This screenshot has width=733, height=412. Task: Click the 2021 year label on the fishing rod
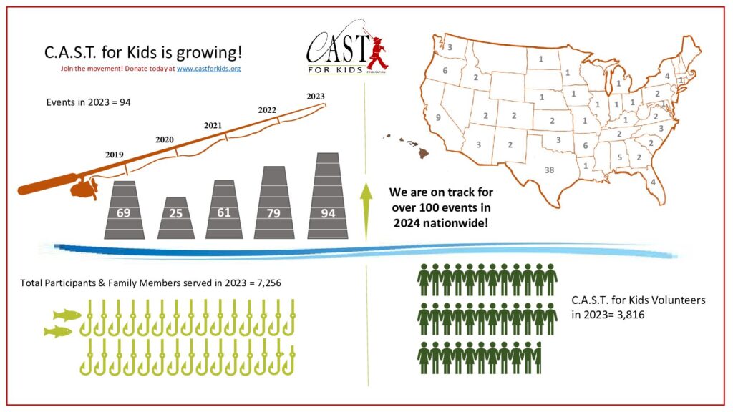click(x=213, y=126)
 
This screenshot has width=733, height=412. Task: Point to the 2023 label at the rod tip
click(x=315, y=96)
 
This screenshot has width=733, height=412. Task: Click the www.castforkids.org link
click(x=208, y=69)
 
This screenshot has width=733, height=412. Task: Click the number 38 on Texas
click(x=550, y=170)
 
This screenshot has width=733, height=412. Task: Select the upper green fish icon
click(x=67, y=314)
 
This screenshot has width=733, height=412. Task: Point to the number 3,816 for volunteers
click(x=630, y=314)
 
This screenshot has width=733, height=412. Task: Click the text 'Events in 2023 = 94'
click(x=88, y=102)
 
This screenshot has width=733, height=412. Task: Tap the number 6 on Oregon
click(x=445, y=71)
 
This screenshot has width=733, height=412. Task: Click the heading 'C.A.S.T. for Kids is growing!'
click(x=143, y=52)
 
